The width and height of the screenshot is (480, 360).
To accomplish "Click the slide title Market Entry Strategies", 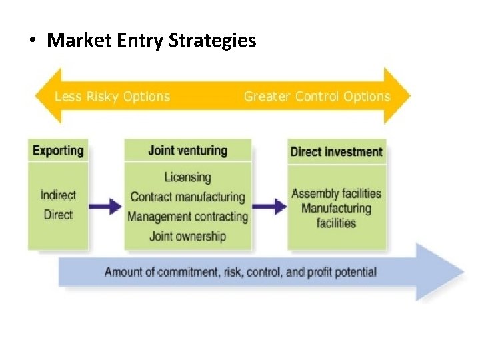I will tap(151, 40).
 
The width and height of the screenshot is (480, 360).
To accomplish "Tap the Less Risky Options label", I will tap(112, 97).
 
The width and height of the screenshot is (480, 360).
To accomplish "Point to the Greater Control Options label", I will tap(317, 97).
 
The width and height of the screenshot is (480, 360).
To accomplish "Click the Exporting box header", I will tap(58, 150).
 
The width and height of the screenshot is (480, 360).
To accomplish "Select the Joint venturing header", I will tap(187, 150).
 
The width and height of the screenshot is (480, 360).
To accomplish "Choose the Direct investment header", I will tap(337, 151).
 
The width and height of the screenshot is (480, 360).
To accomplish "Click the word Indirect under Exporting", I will tap(58, 195).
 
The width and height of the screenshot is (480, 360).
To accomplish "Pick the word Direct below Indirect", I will tap(58, 215).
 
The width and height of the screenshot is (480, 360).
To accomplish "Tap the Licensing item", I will tap(187, 177).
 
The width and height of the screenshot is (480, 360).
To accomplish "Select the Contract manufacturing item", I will tap(187, 197).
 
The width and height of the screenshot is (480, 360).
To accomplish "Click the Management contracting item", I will tap(187, 217).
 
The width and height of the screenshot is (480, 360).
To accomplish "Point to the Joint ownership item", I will tap(187, 236).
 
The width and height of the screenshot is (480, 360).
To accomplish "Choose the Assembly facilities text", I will tap(337, 194).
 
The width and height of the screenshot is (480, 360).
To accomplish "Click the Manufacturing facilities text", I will tap(337, 215).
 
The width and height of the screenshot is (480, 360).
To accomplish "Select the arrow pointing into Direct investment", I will tap(270, 206).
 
